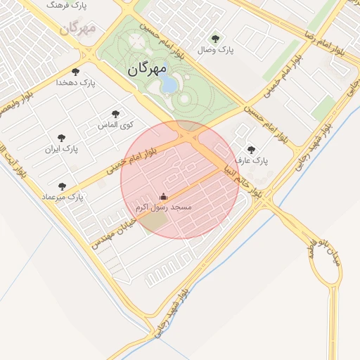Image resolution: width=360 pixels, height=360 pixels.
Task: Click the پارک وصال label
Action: (x=214, y=50)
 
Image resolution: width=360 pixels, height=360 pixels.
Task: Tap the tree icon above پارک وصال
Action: (x=214, y=39)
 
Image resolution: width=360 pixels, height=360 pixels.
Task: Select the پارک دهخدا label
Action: (x=76, y=83)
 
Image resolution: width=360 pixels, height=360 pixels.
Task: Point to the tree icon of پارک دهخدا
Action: (x=76, y=72)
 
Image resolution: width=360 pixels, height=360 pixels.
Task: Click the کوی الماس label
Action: (x=115, y=125)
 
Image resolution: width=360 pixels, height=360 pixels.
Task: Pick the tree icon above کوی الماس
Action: (x=115, y=114)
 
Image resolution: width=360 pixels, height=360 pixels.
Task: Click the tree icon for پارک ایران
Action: (x=61, y=138)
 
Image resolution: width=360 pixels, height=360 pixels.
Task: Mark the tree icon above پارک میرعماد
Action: (x=62, y=186)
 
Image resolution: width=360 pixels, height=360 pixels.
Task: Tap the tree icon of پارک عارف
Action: (x=252, y=150)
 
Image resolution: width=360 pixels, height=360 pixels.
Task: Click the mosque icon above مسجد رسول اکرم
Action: (x=164, y=197)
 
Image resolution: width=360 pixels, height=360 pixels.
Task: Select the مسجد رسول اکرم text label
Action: (x=163, y=208)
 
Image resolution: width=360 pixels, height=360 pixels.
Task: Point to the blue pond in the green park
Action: (x=169, y=85)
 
